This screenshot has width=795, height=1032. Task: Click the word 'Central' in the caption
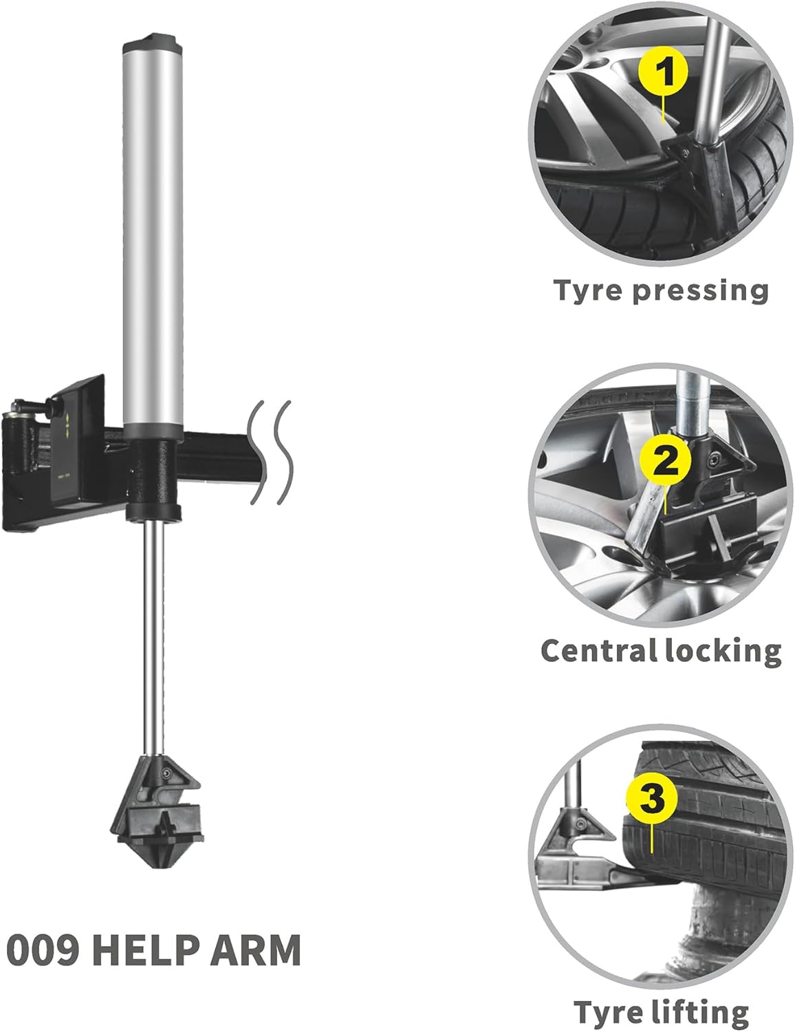coord(597,650)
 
